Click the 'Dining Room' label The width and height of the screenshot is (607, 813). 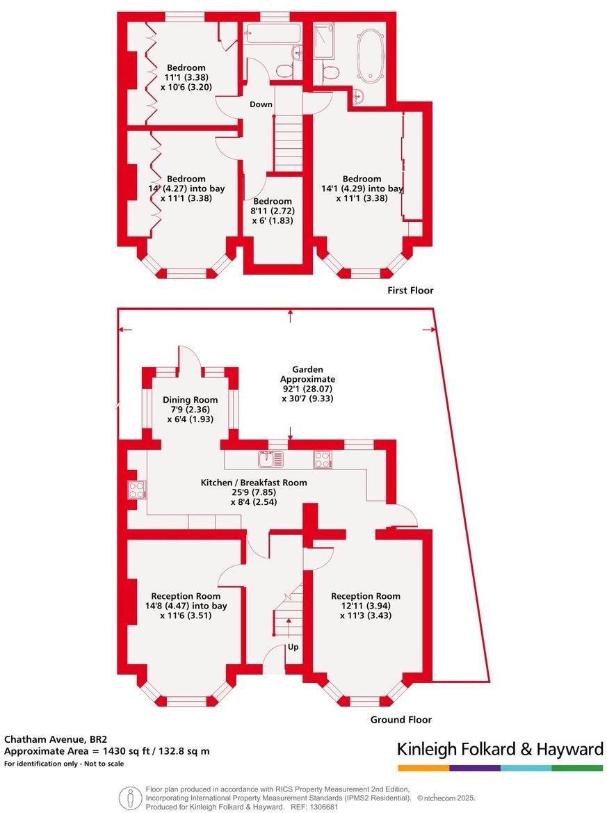[x=190, y=400]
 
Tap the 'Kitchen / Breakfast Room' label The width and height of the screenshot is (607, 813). [x=254, y=483]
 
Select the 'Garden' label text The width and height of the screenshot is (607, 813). [x=307, y=369]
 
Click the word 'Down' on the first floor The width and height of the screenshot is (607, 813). [x=261, y=104]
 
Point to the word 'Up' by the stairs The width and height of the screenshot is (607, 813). [x=293, y=647]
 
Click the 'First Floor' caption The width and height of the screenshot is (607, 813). [x=410, y=291]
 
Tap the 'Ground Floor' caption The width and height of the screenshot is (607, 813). [x=400, y=720]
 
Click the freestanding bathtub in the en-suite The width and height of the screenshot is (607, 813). [x=369, y=55]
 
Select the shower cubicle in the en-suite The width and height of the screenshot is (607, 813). [x=324, y=41]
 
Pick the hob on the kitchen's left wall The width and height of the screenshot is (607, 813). [x=136, y=490]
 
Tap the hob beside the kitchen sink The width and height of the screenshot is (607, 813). [x=322, y=459]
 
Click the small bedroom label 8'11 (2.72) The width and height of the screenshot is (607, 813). [x=273, y=211]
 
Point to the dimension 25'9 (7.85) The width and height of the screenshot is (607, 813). [x=254, y=492]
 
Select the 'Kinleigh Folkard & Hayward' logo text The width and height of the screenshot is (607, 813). [x=500, y=749]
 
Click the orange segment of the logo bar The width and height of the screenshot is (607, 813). [x=423, y=768]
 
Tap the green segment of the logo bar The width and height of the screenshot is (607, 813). [x=577, y=768]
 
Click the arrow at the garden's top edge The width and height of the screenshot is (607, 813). [x=291, y=314]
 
